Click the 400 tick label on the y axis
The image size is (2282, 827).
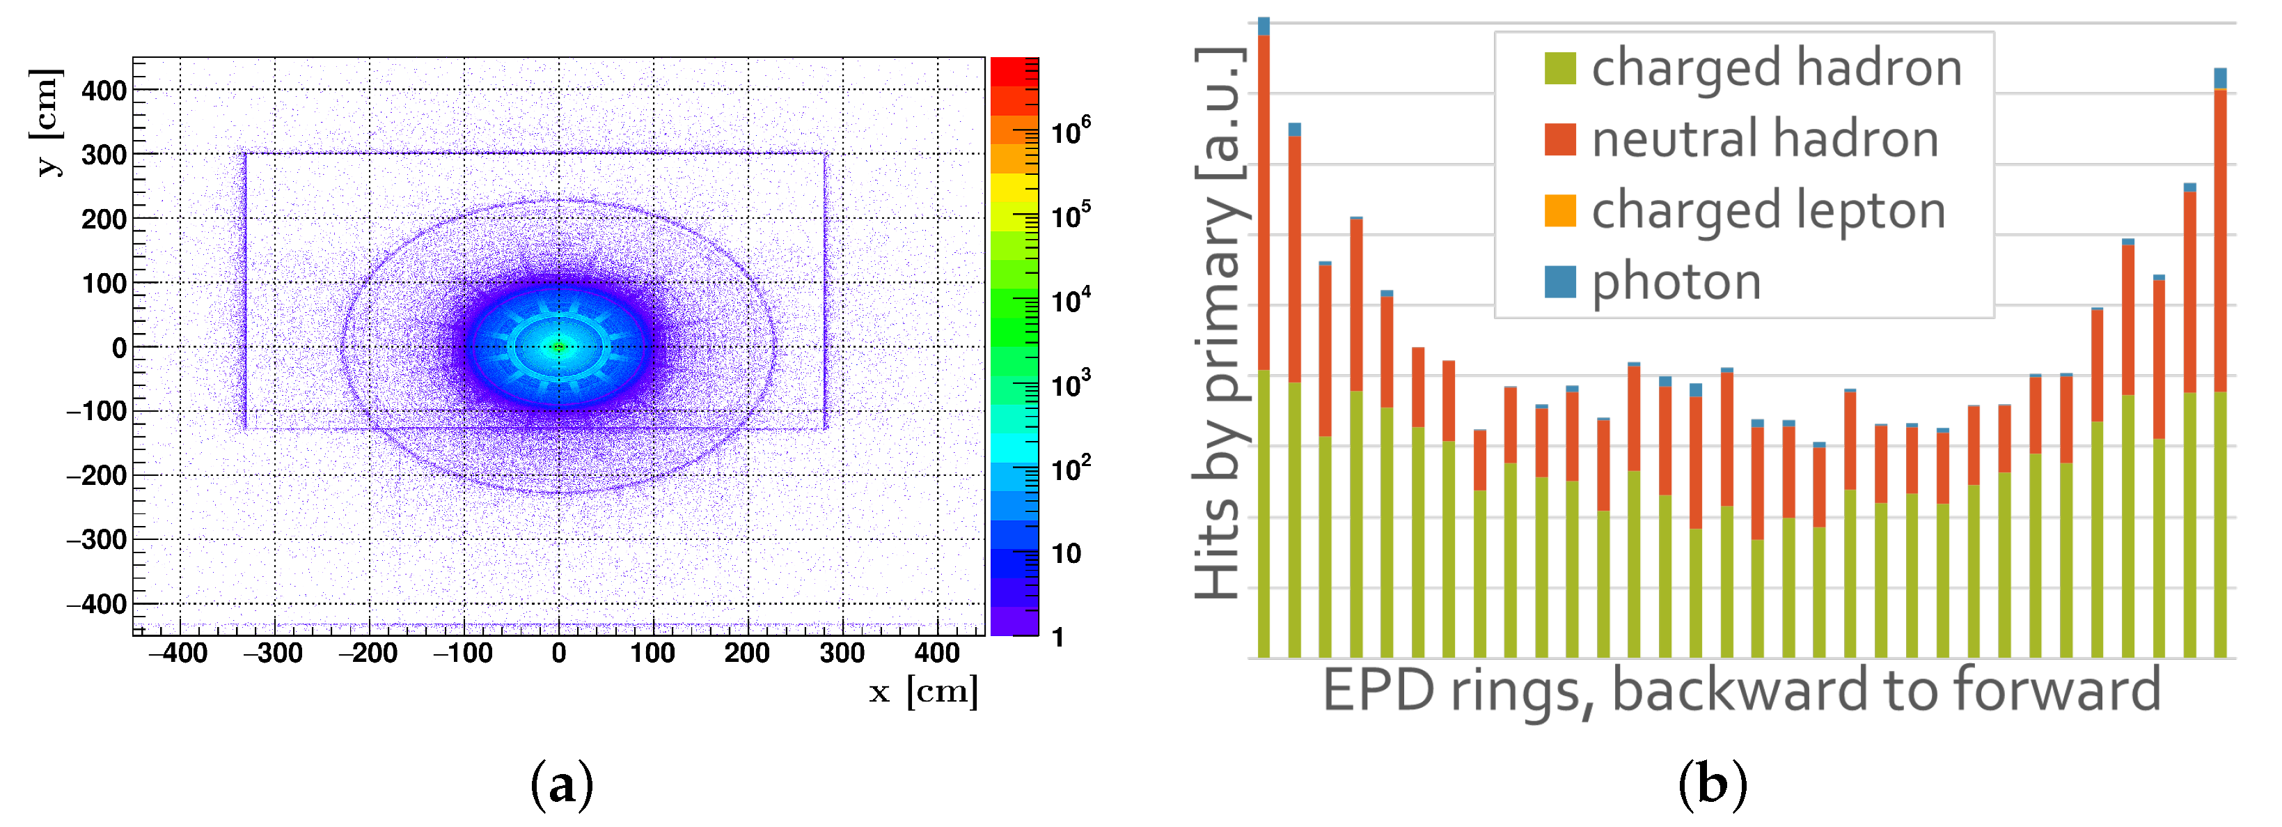coord(104,91)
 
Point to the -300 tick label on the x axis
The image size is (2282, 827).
coord(273,654)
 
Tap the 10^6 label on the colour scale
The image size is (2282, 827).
coord(1069,130)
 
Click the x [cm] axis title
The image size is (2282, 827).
coord(923,691)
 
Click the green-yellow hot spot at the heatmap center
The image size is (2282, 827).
coord(558,346)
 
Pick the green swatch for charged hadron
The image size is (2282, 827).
coord(1559,68)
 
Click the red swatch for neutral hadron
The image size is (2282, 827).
coord(1559,139)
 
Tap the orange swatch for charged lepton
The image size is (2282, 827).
coord(1559,211)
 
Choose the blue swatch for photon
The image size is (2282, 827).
coord(1559,282)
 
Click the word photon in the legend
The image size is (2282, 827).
coord(1676,282)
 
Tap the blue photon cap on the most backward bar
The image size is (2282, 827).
coord(1264,26)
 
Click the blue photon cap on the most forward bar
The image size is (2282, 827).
coord(2219,78)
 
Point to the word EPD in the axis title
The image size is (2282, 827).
coord(1378,690)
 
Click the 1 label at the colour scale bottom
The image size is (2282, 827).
coord(1057,636)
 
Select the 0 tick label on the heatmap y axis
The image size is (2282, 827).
coord(119,348)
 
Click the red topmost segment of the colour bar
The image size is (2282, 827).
coord(1014,72)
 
